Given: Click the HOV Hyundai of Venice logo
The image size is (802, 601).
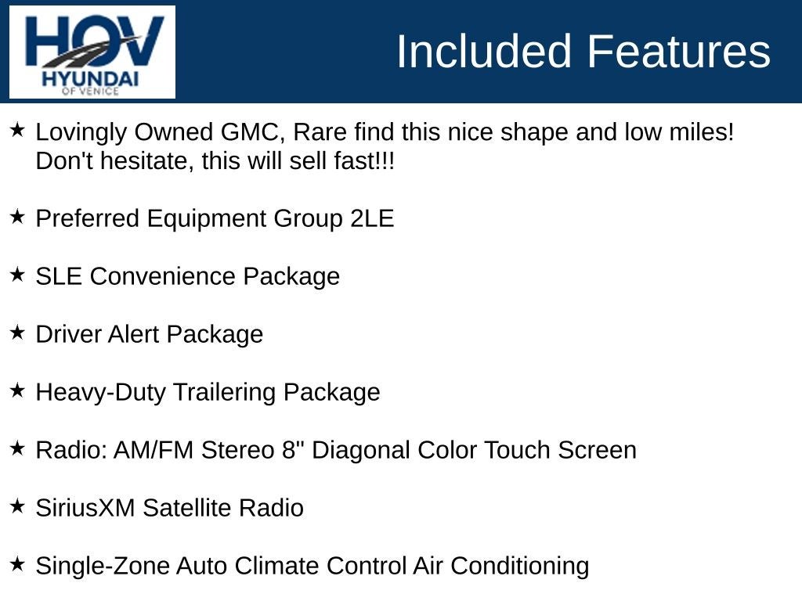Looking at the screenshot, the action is [x=92, y=52].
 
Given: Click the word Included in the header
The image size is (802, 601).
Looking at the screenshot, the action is [x=483, y=51].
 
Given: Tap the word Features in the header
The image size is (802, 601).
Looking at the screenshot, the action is [x=678, y=51].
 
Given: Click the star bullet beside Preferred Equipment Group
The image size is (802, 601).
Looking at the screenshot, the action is [x=17, y=217].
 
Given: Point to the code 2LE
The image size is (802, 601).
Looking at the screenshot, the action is [x=372, y=218].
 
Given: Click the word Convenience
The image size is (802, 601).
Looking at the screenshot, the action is [x=162, y=276].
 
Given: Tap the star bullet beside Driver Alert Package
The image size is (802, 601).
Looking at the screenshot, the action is [x=17, y=332].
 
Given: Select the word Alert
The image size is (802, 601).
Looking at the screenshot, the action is [x=133, y=334].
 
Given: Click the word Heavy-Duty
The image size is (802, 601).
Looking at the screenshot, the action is [x=101, y=393].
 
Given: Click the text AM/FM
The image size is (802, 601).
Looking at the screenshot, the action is [x=154, y=450].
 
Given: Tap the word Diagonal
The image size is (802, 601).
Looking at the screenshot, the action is [x=360, y=450].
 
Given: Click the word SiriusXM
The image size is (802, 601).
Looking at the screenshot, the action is [x=85, y=508].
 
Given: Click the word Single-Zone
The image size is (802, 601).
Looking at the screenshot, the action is [x=103, y=567].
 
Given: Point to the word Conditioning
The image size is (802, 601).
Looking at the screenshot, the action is [x=520, y=567].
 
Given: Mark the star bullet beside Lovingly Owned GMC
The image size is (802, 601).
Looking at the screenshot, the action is [x=17, y=130].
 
